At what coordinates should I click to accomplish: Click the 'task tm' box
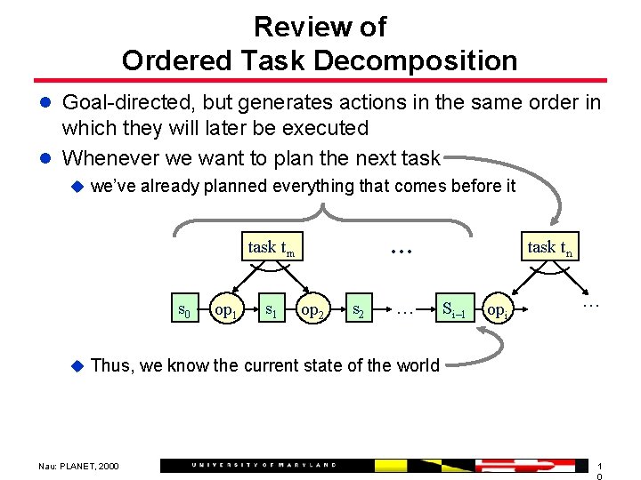(271, 248)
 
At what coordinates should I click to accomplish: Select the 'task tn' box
(549, 248)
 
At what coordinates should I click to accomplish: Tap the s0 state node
(184, 310)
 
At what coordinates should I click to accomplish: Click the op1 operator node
(226, 311)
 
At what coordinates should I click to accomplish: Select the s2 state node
(357, 310)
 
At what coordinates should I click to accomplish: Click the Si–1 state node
(453, 310)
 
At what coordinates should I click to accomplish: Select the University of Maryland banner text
(265, 465)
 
